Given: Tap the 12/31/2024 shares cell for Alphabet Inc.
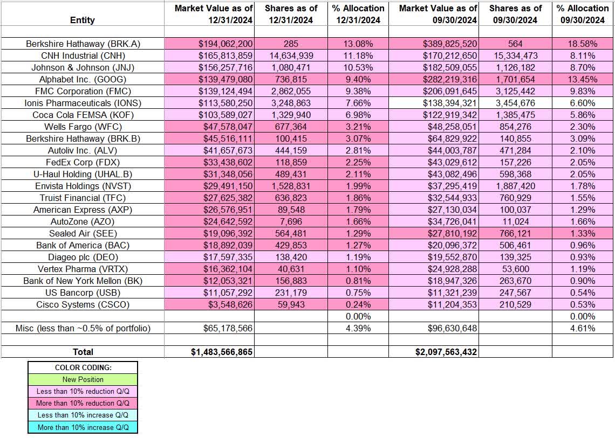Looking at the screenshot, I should pyautogui.click(x=291, y=80).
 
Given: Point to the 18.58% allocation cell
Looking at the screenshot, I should pyautogui.click(x=583, y=44).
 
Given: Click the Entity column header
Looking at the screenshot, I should pyautogui.click(x=83, y=20).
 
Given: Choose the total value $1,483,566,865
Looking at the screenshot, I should pyautogui.click(x=222, y=352).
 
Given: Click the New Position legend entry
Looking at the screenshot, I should pyautogui.click(x=83, y=379).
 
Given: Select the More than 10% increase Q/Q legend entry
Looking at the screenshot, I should pyautogui.click(x=83, y=427).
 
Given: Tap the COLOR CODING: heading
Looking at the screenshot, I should pyautogui.click(x=83, y=367).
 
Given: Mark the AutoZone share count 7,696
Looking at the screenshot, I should pyautogui.click(x=291, y=221).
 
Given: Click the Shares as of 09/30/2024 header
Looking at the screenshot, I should pyautogui.click(x=516, y=14).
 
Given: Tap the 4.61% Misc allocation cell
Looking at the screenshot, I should pyautogui.click(x=583, y=328).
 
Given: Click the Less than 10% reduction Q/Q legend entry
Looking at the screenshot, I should pyautogui.click(x=83, y=391).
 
